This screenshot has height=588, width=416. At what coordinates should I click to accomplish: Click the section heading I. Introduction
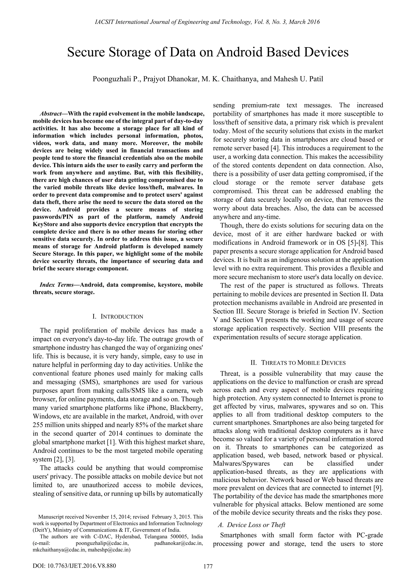click(118, 317)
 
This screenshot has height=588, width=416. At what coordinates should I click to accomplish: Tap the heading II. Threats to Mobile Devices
click(298, 363)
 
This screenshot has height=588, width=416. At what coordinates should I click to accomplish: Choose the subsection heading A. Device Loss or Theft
click(251, 525)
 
